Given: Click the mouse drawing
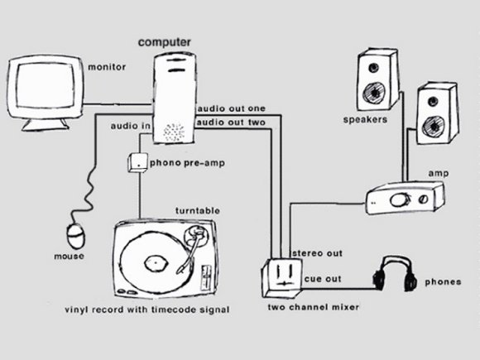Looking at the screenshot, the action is click(x=75, y=236).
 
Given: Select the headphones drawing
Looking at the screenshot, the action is click(x=395, y=274).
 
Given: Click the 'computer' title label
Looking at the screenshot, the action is click(x=165, y=42).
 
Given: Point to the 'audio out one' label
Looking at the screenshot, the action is click(x=232, y=108).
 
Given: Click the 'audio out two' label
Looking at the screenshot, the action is click(x=231, y=122).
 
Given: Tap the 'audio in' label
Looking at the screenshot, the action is click(x=131, y=126).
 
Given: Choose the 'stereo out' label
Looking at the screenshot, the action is click(x=318, y=253).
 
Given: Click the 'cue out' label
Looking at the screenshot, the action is click(x=323, y=279).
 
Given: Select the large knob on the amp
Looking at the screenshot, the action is click(x=398, y=200).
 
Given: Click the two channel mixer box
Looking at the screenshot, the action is click(x=281, y=278).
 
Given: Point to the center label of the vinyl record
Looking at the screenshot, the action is click(x=156, y=263).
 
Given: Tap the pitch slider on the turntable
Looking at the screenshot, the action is click(x=205, y=279).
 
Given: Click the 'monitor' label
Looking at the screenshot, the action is click(x=107, y=67).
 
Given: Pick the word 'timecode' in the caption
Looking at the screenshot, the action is click(x=174, y=310).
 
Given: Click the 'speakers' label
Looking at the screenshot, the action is click(x=365, y=119).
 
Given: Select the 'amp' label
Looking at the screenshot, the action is click(x=439, y=174).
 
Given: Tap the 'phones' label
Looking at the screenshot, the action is click(x=443, y=282).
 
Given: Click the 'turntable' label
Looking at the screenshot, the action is click(x=198, y=210).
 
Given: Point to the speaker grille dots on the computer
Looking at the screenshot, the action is click(x=174, y=132).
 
